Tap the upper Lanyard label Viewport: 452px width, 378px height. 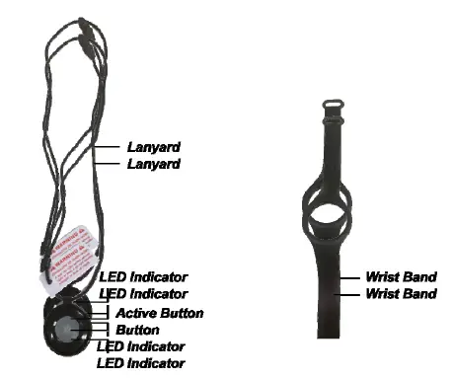click(153, 147)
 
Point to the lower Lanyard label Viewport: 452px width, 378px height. click(153, 164)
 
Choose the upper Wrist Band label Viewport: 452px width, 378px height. click(400, 278)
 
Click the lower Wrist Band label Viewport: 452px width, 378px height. click(400, 294)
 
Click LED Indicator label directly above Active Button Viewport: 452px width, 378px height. click(144, 294)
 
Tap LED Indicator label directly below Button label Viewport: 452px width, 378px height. click(142, 347)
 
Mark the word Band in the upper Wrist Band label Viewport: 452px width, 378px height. click(418, 278)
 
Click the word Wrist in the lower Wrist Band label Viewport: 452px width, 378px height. click(383, 294)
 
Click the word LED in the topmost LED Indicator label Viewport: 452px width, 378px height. click(113, 277)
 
